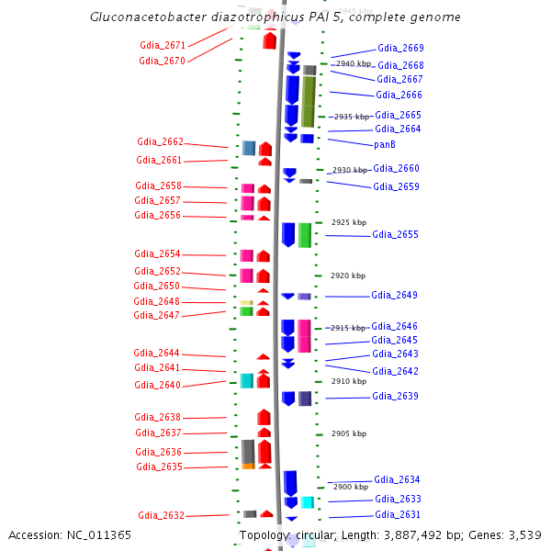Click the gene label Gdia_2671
[163, 45]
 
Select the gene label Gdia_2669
[400, 48]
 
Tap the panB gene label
[385, 144]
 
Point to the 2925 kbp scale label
[348, 223]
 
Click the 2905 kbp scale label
[348, 433]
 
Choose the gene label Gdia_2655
[395, 235]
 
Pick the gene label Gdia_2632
[161, 515]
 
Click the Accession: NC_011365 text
[70, 534]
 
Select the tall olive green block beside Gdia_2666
[309, 101]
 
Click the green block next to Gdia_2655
[305, 234]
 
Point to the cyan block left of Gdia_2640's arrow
[246, 380]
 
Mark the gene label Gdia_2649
[394, 296]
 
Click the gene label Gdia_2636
[159, 452]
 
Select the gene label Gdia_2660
[396, 168]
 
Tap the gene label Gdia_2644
[156, 354]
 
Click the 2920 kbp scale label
[348, 275]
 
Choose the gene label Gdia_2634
[397, 479]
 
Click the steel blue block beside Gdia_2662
[249, 148]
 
